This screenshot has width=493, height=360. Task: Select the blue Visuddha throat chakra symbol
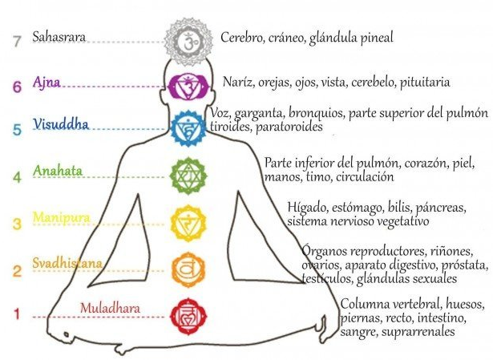point(189,126)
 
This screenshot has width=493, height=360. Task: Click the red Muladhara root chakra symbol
point(190,309)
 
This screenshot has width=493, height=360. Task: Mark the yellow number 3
point(15,224)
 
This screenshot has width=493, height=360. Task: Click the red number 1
point(15,313)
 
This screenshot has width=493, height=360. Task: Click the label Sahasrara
point(59,37)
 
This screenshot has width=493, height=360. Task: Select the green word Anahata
point(58,171)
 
